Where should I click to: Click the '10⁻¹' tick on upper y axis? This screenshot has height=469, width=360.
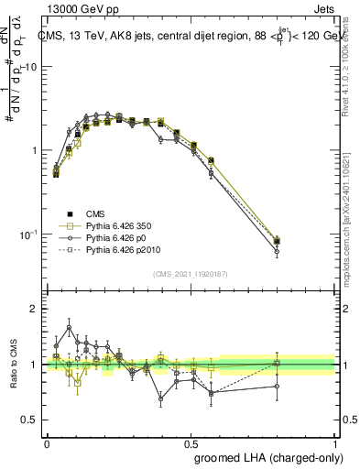(29, 235)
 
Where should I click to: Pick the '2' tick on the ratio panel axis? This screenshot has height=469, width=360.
(36, 309)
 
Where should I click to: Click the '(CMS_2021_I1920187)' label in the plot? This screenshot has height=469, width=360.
(190, 273)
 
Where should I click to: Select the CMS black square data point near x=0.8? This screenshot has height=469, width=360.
(277, 241)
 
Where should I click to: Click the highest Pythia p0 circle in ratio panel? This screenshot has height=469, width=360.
(69, 328)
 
